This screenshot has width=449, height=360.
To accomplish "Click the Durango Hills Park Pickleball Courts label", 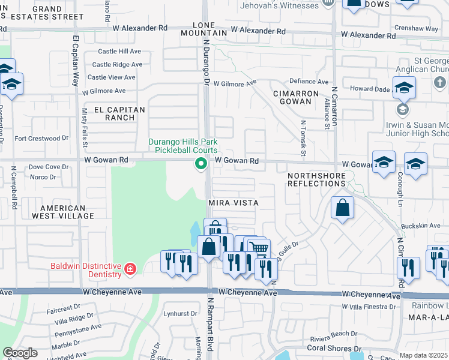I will click(x=183, y=146).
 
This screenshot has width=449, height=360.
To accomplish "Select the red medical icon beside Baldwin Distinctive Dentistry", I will click(x=130, y=269).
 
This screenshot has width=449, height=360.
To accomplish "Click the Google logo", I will click(x=20, y=353).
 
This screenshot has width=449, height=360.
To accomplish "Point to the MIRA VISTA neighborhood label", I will click(x=234, y=203).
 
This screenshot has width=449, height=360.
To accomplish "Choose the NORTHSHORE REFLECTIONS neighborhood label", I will click(x=317, y=179).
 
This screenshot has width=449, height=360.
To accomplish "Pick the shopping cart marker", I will click(x=259, y=248).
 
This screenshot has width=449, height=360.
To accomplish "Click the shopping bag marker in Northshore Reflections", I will click(x=342, y=208).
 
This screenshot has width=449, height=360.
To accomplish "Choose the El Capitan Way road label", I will click(x=76, y=60).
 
